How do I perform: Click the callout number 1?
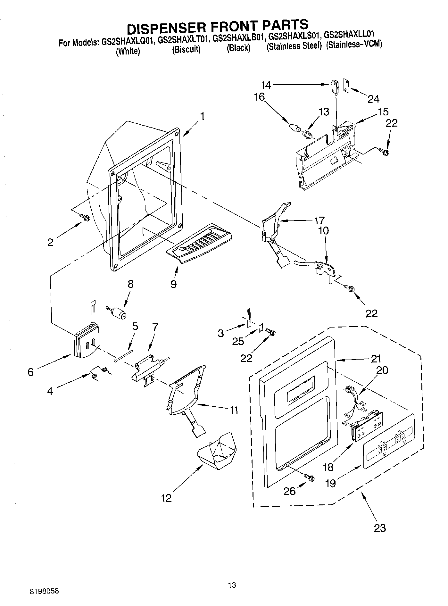coord(202,116)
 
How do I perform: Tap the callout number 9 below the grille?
coord(174,284)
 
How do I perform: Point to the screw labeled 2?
coord(85,217)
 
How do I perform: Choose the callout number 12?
coord(167,498)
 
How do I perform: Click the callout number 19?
coord(330,483)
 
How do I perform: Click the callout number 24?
coord(373,99)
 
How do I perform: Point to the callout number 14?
coord(266,85)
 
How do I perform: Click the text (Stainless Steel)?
coord(294,46)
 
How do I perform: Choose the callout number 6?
coord(30,372)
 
